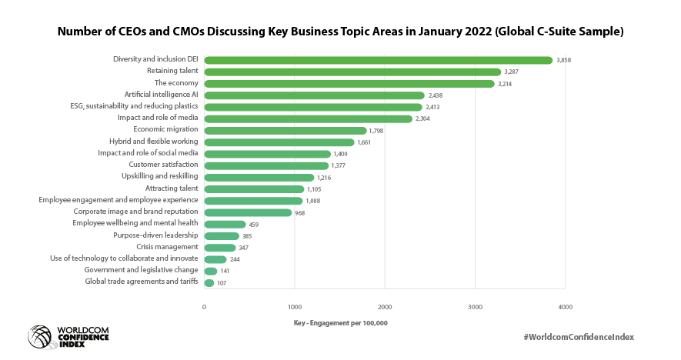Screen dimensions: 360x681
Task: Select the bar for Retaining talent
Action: click(352, 72)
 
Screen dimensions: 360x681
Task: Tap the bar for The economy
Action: click(349, 83)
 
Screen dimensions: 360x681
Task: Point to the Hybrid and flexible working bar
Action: click(279, 142)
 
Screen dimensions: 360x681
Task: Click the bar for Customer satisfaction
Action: click(266, 165)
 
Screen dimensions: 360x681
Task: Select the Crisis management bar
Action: click(220, 248)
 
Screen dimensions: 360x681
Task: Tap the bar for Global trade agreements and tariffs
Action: click(209, 283)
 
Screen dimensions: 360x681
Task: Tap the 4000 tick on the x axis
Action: click(565, 307)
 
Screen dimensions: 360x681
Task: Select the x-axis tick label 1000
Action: click(294, 307)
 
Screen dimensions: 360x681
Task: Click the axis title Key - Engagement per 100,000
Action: click(341, 323)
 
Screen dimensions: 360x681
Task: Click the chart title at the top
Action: click(340, 32)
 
